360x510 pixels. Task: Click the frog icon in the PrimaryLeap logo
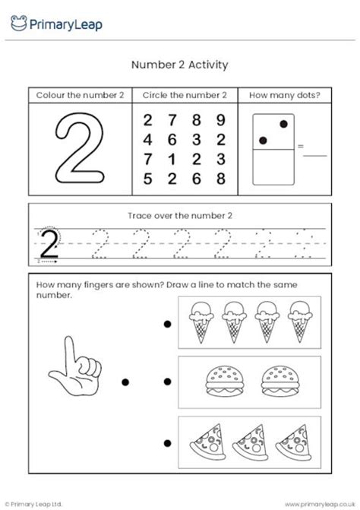pyautogui.click(x=17, y=24)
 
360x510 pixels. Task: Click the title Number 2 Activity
pyautogui.click(x=180, y=65)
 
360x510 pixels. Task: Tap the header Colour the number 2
pyautogui.click(x=80, y=96)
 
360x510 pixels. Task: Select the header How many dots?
pyautogui.click(x=285, y=96)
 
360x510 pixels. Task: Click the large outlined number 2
pyautogui.click(x=79, y=148)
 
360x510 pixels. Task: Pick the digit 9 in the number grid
pyautogui.click(x=220, y=119)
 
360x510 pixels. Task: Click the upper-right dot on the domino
pyautogui.click(x=284, y=124)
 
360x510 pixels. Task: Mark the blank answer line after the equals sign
pyautogui.click(x=315, y=154)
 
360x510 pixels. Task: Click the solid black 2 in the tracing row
pyautogui.click(x=49, y=245)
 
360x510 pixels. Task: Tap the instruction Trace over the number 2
pyautogui.click(x=180, y=215)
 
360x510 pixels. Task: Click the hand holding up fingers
pyautogui.click(x=74, y=365)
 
